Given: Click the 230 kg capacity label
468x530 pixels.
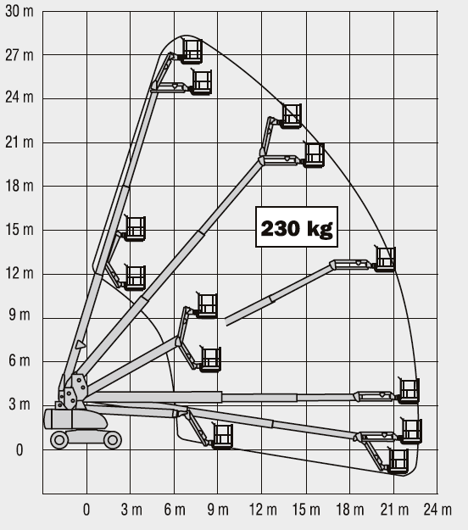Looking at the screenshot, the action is click(x=297, y=226).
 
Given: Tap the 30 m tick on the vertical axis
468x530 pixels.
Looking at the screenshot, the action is click(x=19, y=11).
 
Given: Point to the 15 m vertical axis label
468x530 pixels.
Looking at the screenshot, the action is click(x=19, y=230).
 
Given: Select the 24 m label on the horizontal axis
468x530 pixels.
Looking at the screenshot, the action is click(x=437, y=510).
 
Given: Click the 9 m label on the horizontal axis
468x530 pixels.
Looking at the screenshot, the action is click(x=218, y=510).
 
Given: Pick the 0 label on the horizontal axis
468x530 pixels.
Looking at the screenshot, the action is click(x=86, y=510).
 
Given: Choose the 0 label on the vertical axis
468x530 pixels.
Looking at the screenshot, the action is click(x=19, y=450).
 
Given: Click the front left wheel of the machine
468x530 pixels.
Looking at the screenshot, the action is click(x=59, y=440).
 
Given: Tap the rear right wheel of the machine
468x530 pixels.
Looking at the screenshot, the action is click(x=113, y=440).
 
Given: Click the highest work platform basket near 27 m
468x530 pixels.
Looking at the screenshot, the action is click(x=192, y=51).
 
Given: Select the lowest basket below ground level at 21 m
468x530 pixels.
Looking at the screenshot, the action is click(x=398, y=461).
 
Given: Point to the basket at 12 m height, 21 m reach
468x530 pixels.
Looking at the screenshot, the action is click(x=385, y=259).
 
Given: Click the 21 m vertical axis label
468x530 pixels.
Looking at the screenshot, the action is click(x=19, y=142).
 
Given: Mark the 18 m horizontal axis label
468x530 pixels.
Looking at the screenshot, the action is click(x=350, y=510).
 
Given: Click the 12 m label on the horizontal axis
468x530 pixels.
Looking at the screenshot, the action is click(x=263, y=510).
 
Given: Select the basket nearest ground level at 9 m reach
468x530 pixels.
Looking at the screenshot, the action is click(x=222, y=437).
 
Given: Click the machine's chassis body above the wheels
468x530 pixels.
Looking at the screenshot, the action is click(x=75, y=419).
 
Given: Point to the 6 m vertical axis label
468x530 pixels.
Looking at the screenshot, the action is click(x=19, y=360).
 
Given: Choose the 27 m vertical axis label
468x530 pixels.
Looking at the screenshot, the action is click(x=19, y=55).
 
